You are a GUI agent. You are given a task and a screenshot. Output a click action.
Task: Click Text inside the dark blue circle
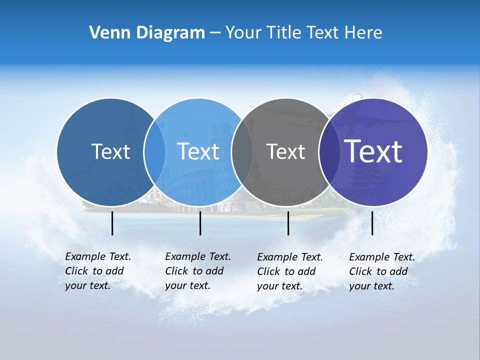[x=110, y=151]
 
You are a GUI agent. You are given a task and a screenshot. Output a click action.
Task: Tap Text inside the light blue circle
[x=198, y=151]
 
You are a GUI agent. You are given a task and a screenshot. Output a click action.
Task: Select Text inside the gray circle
[x=285, y=151]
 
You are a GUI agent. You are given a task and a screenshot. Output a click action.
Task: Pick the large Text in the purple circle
[x=373, y=151]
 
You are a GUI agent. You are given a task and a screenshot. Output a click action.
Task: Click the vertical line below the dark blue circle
[x=112, y=223]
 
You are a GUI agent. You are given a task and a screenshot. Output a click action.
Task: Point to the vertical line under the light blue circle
[x=200, y=223]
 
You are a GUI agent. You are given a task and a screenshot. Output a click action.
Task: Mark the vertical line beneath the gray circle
[x=288, y=223]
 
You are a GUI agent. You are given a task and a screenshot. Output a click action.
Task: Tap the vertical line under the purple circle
[x=372, y=223]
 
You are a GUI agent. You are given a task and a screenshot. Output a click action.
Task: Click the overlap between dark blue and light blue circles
[x=154, y=152]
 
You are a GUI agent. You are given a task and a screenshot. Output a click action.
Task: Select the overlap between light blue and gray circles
[x=242, y=152]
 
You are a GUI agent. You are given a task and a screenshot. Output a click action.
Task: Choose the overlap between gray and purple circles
[x=329, y=152]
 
